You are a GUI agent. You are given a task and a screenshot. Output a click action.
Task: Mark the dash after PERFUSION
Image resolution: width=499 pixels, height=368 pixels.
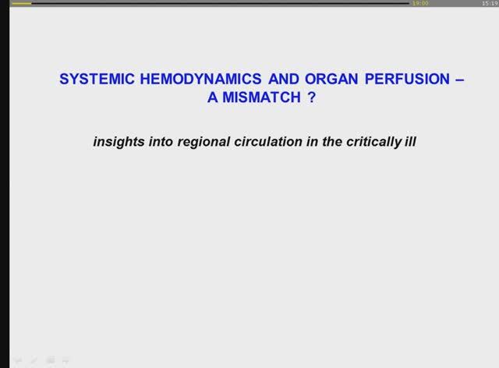click(458, 79)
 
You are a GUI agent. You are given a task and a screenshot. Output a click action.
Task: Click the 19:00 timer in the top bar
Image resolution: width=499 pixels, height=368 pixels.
click(420, 3)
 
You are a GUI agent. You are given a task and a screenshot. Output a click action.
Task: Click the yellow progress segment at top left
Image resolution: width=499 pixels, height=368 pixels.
click(22, 3)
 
